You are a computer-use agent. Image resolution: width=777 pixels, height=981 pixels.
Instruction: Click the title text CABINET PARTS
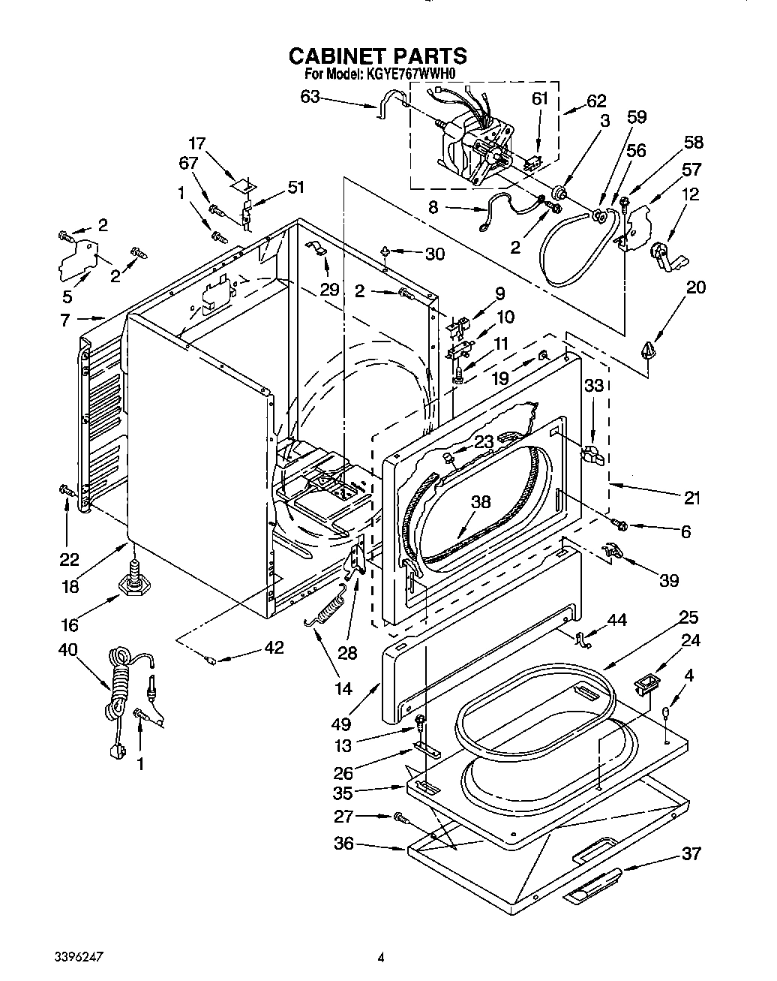coord(377,56)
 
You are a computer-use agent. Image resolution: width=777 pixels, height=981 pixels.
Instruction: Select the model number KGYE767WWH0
coord(411,74)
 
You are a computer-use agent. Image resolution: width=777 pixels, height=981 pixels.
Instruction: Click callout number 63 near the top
coord(310,97)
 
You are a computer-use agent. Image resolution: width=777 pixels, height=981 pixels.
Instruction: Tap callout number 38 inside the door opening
coord(481,503)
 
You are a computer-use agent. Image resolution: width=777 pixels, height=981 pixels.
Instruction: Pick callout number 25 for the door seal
coord(688,618)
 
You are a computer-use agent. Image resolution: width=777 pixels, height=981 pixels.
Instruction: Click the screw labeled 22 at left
coord(65,490)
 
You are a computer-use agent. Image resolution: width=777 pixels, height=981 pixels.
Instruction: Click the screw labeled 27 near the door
coord(399,817)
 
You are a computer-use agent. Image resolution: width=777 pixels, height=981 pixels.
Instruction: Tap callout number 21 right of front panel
coord(691,497)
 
